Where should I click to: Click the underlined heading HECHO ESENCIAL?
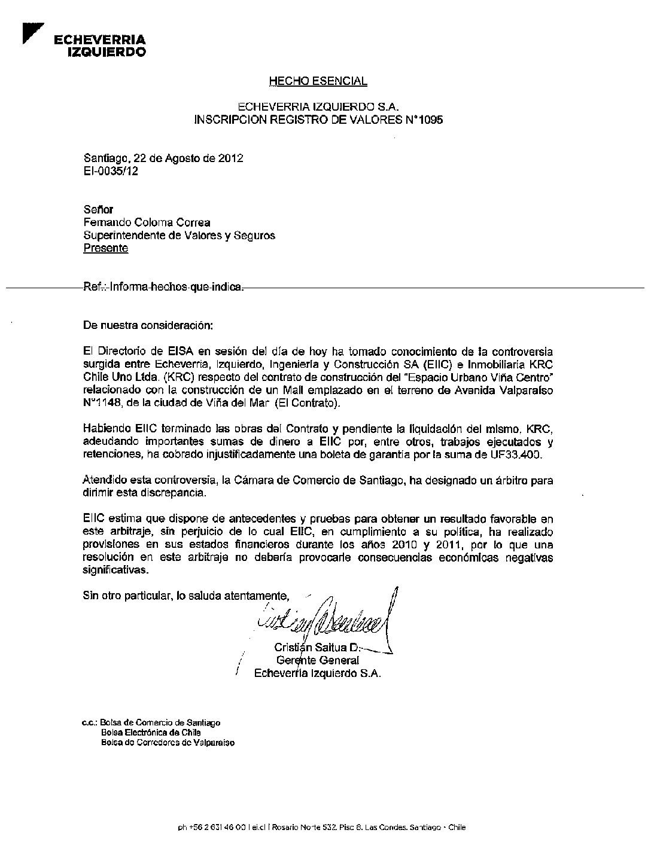point(318,81)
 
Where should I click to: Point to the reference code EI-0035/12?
point(111,171)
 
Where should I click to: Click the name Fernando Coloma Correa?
point(147,222)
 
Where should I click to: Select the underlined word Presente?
point(106,248)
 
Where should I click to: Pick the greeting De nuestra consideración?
point(147,326)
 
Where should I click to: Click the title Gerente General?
point(318,660)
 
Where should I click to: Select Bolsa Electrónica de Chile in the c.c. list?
point(151,732)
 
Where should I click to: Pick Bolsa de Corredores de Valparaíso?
point(168,742)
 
